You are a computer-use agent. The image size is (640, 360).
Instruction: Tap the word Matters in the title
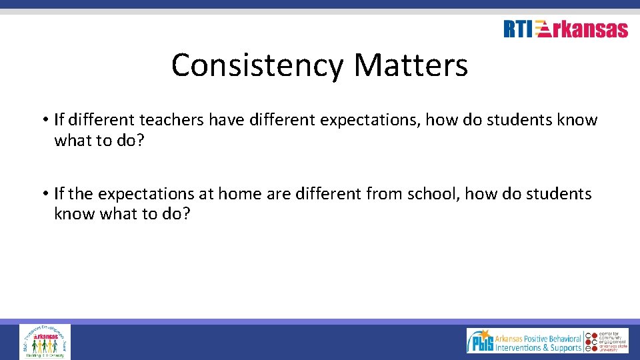pyautogui.click(x=411, y=65)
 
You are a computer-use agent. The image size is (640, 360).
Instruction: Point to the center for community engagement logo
pyautogui.click(x=607, y=341)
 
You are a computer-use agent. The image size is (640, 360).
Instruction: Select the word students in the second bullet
pyautogui.click(x=558, y=194)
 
